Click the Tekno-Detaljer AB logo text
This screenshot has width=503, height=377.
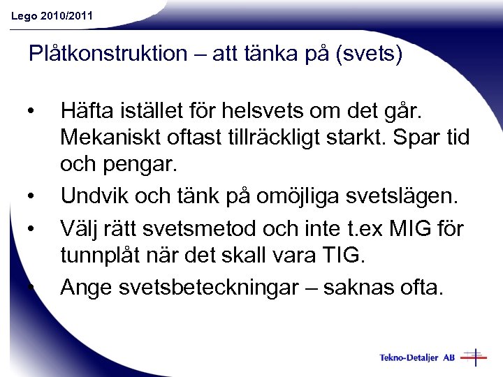[417, 357]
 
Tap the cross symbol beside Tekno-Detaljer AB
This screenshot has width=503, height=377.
[474, 357]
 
